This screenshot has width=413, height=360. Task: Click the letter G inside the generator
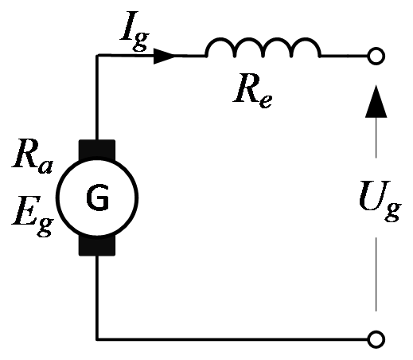point(98,198)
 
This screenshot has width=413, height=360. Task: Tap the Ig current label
point(134,30)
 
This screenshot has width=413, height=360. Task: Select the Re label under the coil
point(252,91)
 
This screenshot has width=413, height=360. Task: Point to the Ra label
point(32,156)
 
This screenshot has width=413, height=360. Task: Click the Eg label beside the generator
point(33,216)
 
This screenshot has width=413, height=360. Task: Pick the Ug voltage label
point(380,202)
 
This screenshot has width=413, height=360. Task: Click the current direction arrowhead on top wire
point(165,56)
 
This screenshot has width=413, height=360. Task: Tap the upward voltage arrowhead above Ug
point(376,101)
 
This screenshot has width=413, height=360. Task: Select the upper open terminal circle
point(376,56)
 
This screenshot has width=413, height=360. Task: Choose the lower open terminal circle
point(376,339)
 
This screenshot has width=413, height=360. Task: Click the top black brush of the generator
point(97,150)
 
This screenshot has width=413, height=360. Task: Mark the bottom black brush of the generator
point(97,246)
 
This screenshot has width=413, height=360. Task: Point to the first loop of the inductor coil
point(220,39)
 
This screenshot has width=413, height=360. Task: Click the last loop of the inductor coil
point(306,39)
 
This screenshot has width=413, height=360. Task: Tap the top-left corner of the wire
point(97,56)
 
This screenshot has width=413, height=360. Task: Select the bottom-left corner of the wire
point(97,339)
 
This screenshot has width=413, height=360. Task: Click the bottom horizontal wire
point(232,339)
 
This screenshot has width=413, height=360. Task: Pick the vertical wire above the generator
point(97,97)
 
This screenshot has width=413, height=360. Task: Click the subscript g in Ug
point(393,212)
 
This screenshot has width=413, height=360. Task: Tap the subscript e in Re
point(266,101)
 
